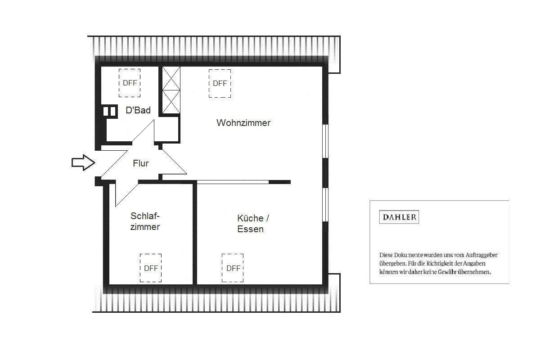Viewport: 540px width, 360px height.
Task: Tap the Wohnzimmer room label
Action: pos(243,123)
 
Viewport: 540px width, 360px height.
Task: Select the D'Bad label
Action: pos(138,110)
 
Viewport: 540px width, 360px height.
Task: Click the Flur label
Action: pos(140,164)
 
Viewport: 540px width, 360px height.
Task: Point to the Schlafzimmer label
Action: pos(145,221)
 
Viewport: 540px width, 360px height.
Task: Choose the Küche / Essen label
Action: pos(252,224)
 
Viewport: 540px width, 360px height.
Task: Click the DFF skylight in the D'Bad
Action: pos(130,83)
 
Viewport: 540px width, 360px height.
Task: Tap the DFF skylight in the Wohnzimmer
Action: pos(220,83)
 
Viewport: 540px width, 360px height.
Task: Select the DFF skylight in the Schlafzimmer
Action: pos(151,268)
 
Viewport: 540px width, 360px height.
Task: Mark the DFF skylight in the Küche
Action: pos(233,268)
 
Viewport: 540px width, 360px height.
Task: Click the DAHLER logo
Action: pos(399,217)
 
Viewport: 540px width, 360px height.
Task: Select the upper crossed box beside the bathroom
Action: pos(171,78)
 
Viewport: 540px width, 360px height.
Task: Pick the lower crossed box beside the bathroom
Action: pos(171,102)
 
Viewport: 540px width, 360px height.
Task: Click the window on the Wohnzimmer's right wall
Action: pos(325,141)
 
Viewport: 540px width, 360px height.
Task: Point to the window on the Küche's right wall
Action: pos(325,204)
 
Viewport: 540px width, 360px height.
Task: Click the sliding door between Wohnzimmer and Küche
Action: pos(233,182)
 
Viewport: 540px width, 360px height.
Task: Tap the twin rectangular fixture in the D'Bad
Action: pos(110,111)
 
